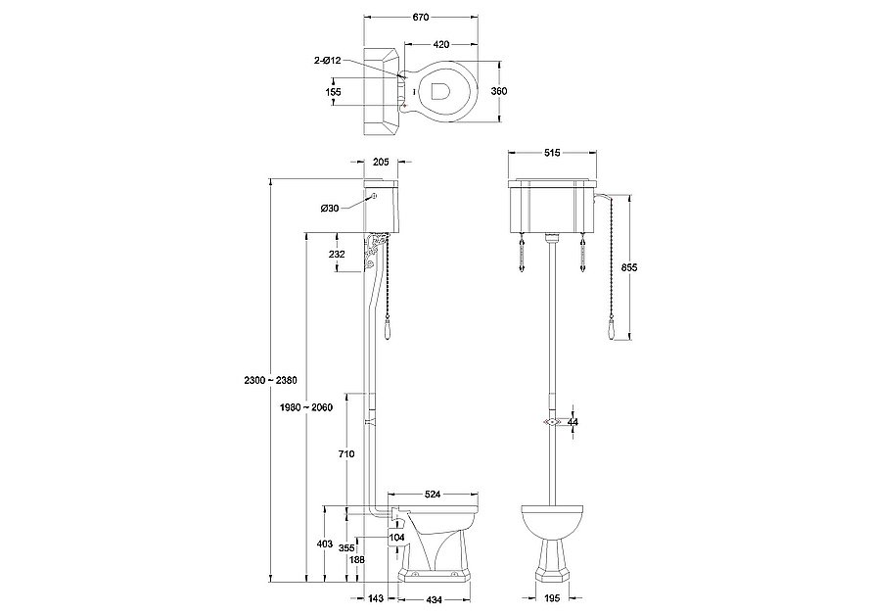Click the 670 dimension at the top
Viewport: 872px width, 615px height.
point(421,19)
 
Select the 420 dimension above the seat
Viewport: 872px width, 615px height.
point(441,44)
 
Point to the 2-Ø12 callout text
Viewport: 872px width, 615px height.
point(327,61)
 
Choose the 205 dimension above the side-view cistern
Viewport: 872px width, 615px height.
point(381,163)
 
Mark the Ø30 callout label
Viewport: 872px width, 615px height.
point(329,208)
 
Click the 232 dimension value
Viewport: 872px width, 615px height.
point(336,255)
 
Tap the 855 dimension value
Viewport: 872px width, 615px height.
point(630,267)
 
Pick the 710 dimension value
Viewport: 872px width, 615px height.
point(344,453)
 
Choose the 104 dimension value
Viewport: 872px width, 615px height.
point(397,537)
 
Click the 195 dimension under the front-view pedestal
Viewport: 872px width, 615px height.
point(553,598)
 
